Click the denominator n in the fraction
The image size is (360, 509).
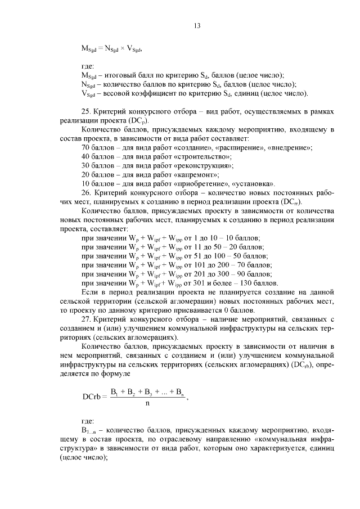[147, 403]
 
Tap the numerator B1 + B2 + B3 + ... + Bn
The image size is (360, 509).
[147, 391]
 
